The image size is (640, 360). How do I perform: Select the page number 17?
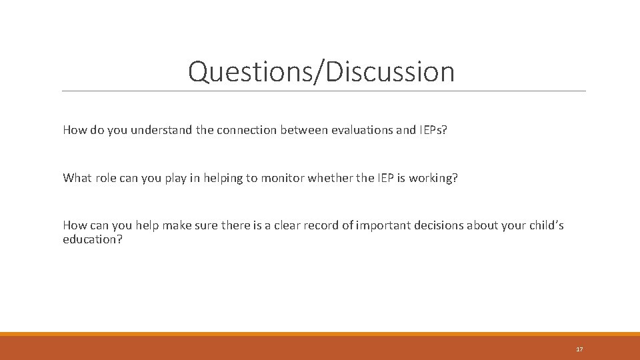click(x=579, y=349)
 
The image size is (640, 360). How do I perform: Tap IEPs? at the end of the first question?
click(x=433, y=130)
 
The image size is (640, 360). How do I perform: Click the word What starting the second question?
click(x=76, y=178)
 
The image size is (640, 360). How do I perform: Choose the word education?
click(x=93, y=239)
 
